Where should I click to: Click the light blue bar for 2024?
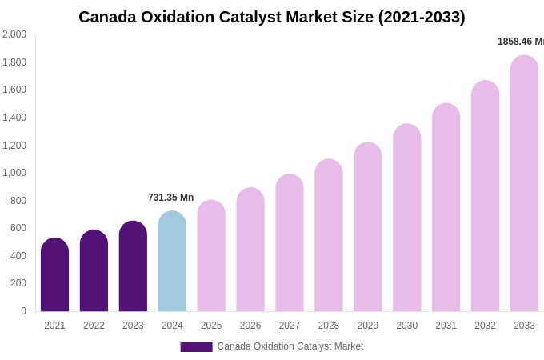pos(172,262)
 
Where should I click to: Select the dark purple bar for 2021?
pos(54,275)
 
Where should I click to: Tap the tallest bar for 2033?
pos(524,184)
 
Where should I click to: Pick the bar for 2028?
pos(329,236)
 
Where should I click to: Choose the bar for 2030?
pos(407,218)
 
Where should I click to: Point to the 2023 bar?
pos(133,266)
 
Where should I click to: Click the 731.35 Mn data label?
pos(170,198)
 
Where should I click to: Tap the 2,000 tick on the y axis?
pos(14,34)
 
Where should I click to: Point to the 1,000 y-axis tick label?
pos(14,173)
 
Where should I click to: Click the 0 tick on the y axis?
pos(23,311)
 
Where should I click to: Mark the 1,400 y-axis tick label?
pos(14,118)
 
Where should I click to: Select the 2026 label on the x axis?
pos(250,326)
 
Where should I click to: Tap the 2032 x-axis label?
pos(485,326)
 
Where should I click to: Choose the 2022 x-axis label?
pos(94,326)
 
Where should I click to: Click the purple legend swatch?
pos(196,347)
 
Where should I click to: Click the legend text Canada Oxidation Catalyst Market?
pos(290,346)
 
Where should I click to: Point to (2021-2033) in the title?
pos(422,17)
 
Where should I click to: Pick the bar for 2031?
pos(446,208)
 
